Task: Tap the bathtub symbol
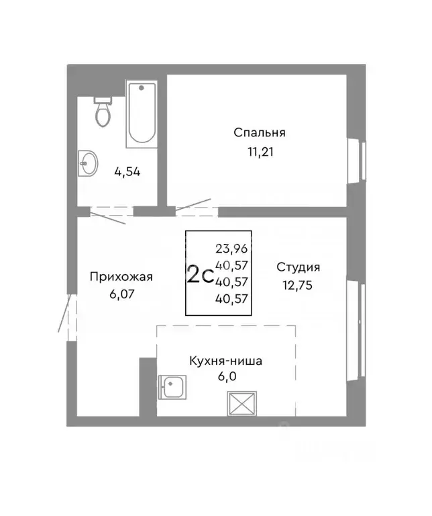coord(141,114)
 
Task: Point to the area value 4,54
coord(127,171)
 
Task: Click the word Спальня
coord(260,132)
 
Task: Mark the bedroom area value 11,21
coord(260,151)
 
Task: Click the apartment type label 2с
coord(200,275)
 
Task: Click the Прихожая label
coord(122,276)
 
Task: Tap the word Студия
coord(298,267)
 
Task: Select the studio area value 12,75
coord(298,284)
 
